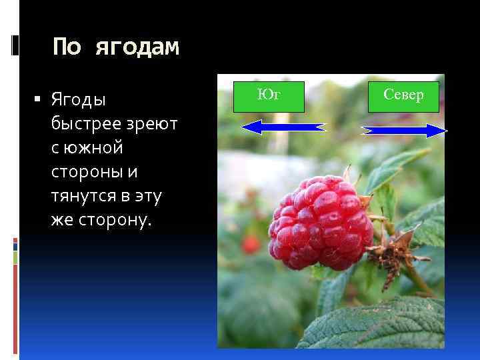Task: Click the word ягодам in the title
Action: (x=137, y=47)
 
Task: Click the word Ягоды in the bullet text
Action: (x=78, y=100)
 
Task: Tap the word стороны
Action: (x=88, y=172)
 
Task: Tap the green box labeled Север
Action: (x=403, y=95)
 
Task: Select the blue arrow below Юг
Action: (x=284, y=127)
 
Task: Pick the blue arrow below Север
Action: (x=404, y=131)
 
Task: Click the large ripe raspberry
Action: (x=319, y=220)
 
